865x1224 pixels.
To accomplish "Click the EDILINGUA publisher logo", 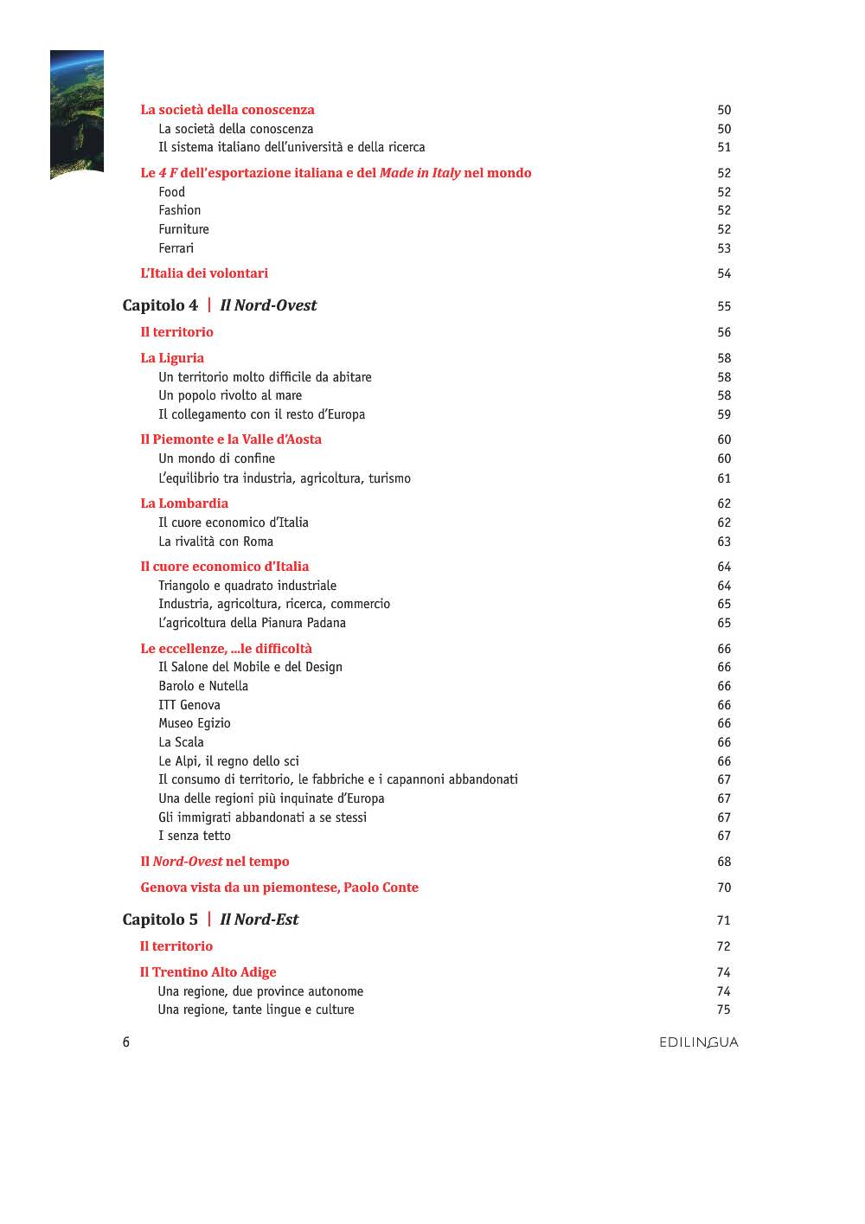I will click(x=698, y=1042).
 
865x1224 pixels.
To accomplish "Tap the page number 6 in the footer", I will click(x=126, y=1041).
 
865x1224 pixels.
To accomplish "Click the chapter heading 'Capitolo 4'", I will click(x=160, y=305).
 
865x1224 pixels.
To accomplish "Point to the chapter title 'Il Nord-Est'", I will click(x=259, y=920).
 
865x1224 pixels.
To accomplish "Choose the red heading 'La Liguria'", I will click(x=172, y=358).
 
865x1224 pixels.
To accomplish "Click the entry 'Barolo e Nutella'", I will click(x=203, y=686).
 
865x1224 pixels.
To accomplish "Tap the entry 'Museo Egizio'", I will click(x=195, y=723).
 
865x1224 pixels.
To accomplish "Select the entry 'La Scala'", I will click(x=181, y=742).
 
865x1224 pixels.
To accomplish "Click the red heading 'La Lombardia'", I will click(x=184, y=503).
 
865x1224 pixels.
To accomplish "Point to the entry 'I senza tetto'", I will click(x=195, y=836).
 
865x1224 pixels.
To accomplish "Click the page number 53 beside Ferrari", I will click(x=724, y=248).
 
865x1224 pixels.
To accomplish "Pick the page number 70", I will click(x=724, y=888).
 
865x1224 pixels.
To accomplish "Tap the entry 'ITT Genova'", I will click(x=189, y=705).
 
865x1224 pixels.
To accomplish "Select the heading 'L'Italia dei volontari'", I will click(x=204, y=273).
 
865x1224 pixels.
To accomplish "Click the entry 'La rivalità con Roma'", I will click(x=215, y=542).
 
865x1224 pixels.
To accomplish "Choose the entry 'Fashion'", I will click(x=179, y=210).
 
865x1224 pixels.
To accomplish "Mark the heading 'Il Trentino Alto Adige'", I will click(x=208, y=972).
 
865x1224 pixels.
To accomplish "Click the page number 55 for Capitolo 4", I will click(x=724, y=306).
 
